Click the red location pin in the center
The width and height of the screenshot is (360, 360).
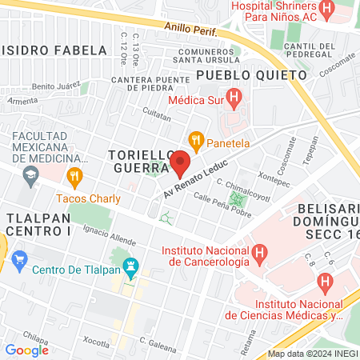(180, 163)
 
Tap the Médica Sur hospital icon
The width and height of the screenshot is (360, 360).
(234, 100)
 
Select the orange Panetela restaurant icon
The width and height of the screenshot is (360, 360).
(195, 143)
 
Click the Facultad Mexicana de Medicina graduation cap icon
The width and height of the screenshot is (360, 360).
(30, 173)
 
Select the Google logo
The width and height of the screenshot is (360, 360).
(26, 350)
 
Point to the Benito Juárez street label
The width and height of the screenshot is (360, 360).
(56, 85)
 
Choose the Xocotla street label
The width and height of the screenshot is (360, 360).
(95, 342)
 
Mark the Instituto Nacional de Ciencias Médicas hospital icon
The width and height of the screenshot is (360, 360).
(324, 282)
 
